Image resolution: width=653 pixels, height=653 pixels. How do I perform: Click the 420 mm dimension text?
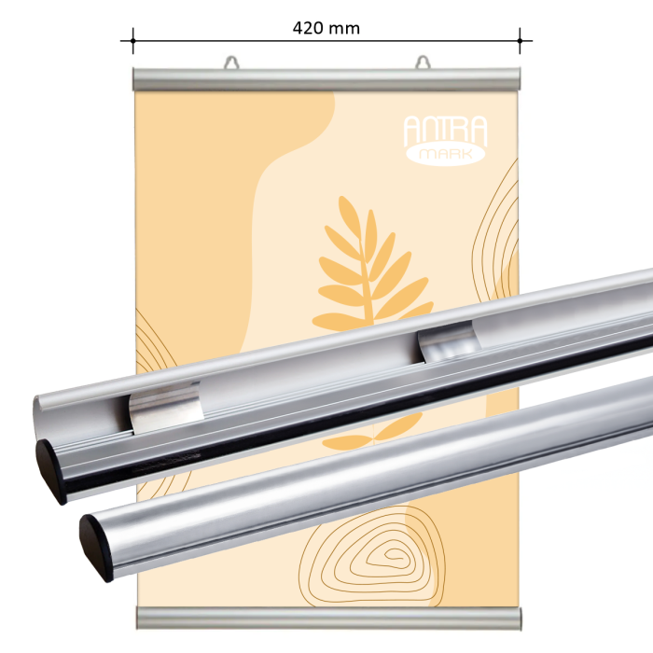pyautogui.click(x=326, y=28)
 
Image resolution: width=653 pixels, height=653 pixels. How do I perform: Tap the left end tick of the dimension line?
pyautogui.click(x=133, y=40)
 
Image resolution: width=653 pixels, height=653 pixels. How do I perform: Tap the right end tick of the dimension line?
pyautogui.click(x=520, y=40)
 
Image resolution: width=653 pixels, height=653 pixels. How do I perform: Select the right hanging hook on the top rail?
pyautogui.click(x=424, y=63)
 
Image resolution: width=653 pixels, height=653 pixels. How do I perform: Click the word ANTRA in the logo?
pyautogui.click(x=444, y=130)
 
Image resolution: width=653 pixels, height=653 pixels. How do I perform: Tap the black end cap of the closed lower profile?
pyautogui.click(x=97, y=545)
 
